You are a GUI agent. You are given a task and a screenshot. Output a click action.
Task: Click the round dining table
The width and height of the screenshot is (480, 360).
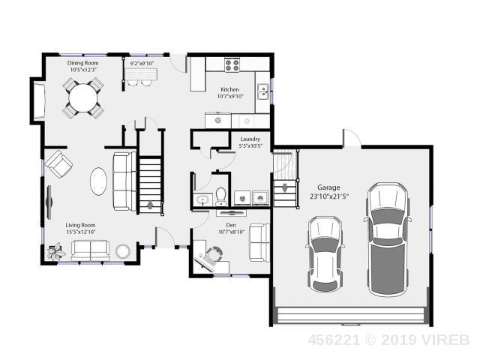(x=82, y=98)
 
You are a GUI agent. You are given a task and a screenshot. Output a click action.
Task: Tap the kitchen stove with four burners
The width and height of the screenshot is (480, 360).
(x=232, y=65)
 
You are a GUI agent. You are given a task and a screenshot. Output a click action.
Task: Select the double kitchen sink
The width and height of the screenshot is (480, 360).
(x=262, y=91)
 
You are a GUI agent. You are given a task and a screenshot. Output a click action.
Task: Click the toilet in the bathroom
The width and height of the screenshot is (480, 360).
(x=220, y=196)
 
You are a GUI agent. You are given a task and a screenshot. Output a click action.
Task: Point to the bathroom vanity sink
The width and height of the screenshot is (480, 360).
(x=202, y=200)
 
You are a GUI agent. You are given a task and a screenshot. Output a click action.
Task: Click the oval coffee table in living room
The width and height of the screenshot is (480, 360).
(x=98, y=181)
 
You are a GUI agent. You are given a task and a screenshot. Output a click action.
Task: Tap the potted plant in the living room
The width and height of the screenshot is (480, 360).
(x=56, y=252)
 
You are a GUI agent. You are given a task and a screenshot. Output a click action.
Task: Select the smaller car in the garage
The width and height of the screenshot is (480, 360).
(x=325, y=253)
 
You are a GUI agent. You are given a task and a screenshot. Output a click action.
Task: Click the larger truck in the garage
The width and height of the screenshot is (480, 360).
(x=388, y=238)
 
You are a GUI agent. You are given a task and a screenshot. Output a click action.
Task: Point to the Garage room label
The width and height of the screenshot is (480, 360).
(x=328, y=187)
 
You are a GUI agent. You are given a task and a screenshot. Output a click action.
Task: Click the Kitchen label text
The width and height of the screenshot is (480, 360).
(x=229, y=89)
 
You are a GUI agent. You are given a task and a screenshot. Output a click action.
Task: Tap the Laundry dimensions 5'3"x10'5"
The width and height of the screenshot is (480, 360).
(x=250, y=145)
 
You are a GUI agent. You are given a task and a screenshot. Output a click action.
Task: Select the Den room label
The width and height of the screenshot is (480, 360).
(x=231, y=225)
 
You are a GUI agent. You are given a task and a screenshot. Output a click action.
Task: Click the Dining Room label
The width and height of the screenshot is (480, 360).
(x=83, y=63)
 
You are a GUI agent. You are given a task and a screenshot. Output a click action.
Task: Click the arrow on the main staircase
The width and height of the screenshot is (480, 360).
(x=150, y=205)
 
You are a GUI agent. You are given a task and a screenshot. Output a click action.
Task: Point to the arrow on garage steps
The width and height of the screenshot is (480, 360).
(x=285, y=187)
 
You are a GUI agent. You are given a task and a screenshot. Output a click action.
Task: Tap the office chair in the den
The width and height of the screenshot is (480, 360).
(x=214, y=253)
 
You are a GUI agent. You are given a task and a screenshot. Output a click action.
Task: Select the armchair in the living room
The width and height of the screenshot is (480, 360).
(x=58, y=163)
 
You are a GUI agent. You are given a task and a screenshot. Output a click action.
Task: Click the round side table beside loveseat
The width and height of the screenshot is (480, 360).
(x=123, y=251)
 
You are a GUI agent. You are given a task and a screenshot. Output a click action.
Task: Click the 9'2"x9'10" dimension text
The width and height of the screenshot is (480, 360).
(x=142, y=64)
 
